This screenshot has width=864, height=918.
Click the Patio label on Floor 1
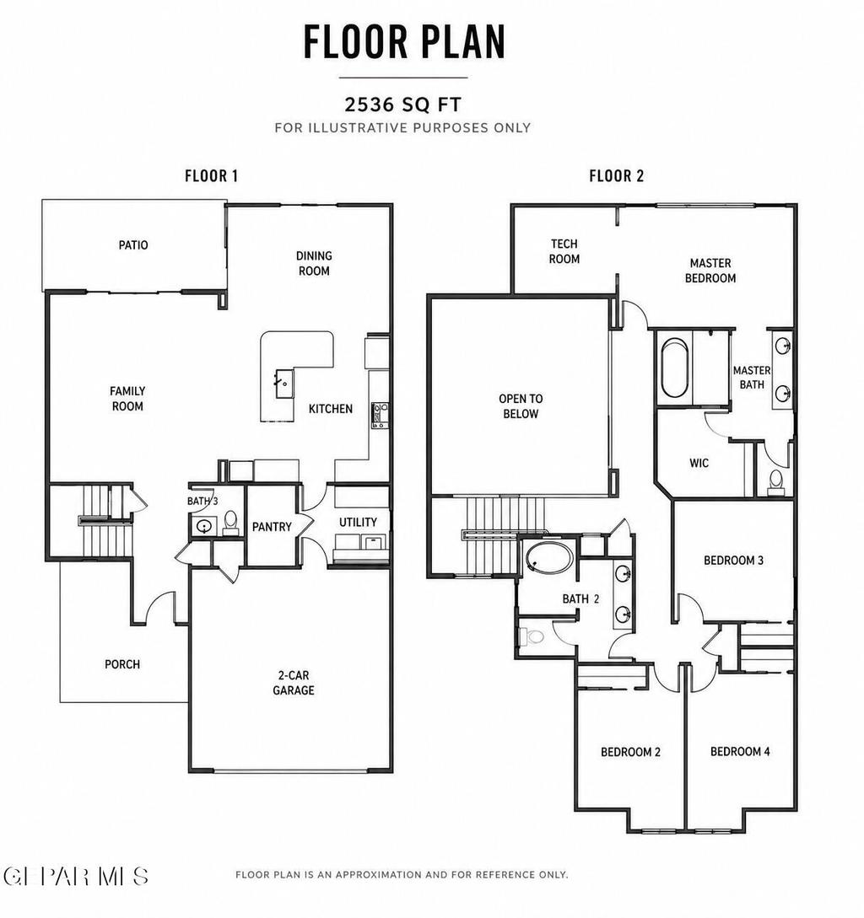pos(133,244)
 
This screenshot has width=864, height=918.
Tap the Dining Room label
pos(314,263)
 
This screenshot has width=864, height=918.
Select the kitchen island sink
pos(283,384)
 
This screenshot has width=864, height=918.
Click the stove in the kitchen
pos(380,415)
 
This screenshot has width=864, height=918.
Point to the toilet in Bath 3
pos(230,523)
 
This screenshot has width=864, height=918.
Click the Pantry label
pos(272,526)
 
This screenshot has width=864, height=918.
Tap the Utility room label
pos(358,522)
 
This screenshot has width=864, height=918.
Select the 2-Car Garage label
pos(293,683)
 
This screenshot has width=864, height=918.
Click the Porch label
pos(121,664)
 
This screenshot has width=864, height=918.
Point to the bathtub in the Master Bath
pos(674,368)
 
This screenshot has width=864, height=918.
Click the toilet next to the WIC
pos(775,482)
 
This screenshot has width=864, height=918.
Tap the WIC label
pos(699,463)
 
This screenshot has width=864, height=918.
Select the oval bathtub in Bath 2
pos(548,557)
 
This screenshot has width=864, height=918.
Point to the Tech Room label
pos(564,251)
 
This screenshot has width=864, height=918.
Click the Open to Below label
pos(521,405)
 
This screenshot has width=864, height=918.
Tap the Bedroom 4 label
pos(740,751)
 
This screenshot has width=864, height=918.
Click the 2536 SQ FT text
pos(402,105)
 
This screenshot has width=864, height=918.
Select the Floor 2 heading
pos(616,175)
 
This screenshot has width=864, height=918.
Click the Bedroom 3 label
pos(733,561)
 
